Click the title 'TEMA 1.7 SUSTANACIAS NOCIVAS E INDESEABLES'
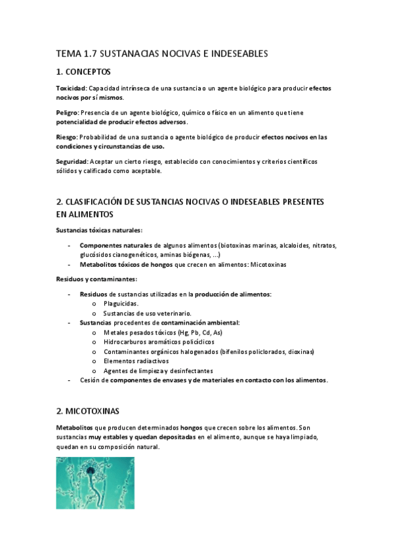tap(162, 54)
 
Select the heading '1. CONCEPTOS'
tap(83, 71)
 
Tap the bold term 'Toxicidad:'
tap(72, 87)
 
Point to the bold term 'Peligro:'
tap(68, 113)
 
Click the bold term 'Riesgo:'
tap(67, 137)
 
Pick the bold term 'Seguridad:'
tap(72, 162)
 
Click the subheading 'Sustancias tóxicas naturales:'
tap(99, 229)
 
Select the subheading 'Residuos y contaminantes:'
tap(96, 279)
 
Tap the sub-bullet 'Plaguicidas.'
tap(121, 304)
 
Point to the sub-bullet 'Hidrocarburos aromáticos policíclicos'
tap(159, 342)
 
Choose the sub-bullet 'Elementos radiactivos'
tap(136, 361)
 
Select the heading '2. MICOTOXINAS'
tap(88, 411)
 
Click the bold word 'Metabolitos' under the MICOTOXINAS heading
tap(75, 427)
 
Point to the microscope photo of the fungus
tap(95, 483)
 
